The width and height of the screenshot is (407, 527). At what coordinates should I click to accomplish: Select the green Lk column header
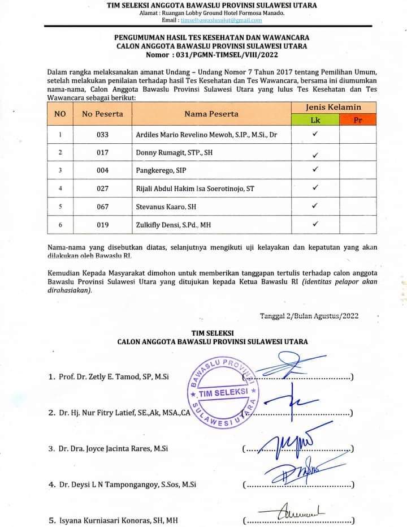tap(315, 120)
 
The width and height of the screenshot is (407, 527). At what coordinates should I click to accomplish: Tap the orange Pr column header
tap(357, 120)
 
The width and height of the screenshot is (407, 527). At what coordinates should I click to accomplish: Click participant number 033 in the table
tap(102, 135)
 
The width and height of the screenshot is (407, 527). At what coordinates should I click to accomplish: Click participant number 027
tap(102, 188)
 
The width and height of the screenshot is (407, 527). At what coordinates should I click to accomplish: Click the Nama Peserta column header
tap(211, 114)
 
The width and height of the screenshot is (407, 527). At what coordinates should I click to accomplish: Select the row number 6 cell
tap(60, 225)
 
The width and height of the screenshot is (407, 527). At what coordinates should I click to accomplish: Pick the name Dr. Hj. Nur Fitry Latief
tap(124, 413)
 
